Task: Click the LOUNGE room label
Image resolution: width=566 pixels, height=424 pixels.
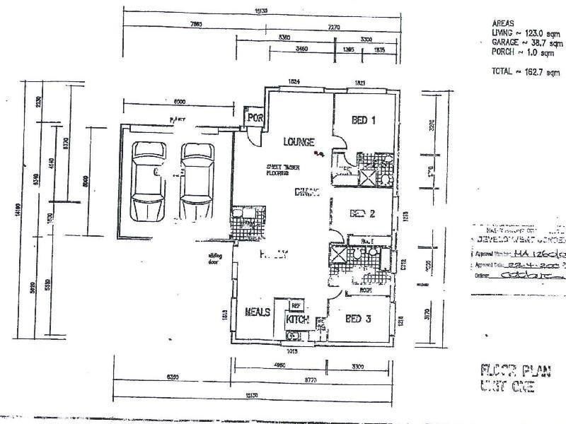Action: pyautogui.click(x=299, y=141)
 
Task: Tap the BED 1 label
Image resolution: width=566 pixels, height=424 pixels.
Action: pyautogui.click(x=363, y=121)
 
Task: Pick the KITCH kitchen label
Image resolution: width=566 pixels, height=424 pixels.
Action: pyautogui.click(x=298, y=320)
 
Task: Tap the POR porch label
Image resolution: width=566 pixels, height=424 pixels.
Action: pyautogui.click(x=253, y=119)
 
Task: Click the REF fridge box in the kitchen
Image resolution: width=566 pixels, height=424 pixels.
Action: pyautogui.click(x=295, y=305)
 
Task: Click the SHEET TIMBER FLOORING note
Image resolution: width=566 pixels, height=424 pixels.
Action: pyautogui.click(x=282, y=167)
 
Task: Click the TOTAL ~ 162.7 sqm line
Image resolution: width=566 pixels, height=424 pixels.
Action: pyautogui.click(x=525, y=72)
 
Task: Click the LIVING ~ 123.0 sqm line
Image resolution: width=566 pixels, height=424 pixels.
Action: pyautogui.click(x=524, y=33)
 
